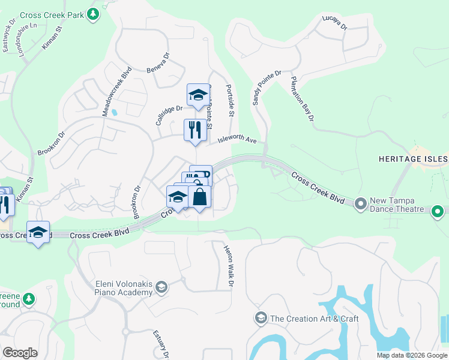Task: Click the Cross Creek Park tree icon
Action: [92, 14]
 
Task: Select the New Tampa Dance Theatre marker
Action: [360, 204]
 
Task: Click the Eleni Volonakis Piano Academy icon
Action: [161, 288]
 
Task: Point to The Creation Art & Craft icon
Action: [261, 318]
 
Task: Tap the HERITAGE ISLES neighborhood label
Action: [413, 158]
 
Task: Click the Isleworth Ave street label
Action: [237, 140]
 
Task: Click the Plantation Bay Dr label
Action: [303, 99]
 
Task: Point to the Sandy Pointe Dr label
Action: [267, 88]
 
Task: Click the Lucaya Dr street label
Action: [334, 23]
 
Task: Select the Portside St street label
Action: [230, 98]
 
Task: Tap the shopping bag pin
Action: [199, 197]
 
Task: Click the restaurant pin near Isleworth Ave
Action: [194, 130]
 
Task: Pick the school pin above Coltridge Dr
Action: [198, 95]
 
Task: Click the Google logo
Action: [20, 353]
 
